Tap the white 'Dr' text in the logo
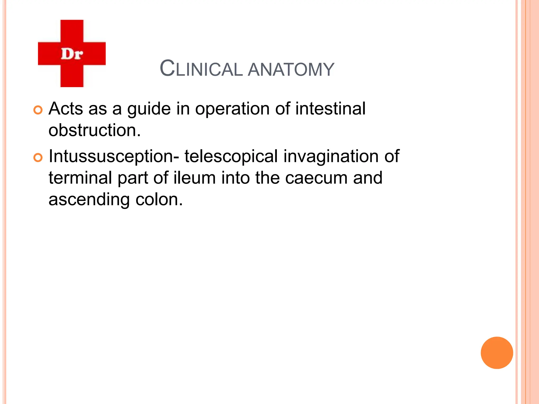click(72, 54)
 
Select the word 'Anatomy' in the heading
click(291, 69)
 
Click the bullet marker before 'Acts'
click(38, 110)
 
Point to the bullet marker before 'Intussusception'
click(38, 158)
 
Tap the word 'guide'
click(149, 109)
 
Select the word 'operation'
click(232, 109)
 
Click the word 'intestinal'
click(330, 108)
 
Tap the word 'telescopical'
click(231, 156)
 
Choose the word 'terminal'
click(80, 178)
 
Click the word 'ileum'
click(194, 178)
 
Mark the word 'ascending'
click(89, 200)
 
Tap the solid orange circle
click(497, 353)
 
